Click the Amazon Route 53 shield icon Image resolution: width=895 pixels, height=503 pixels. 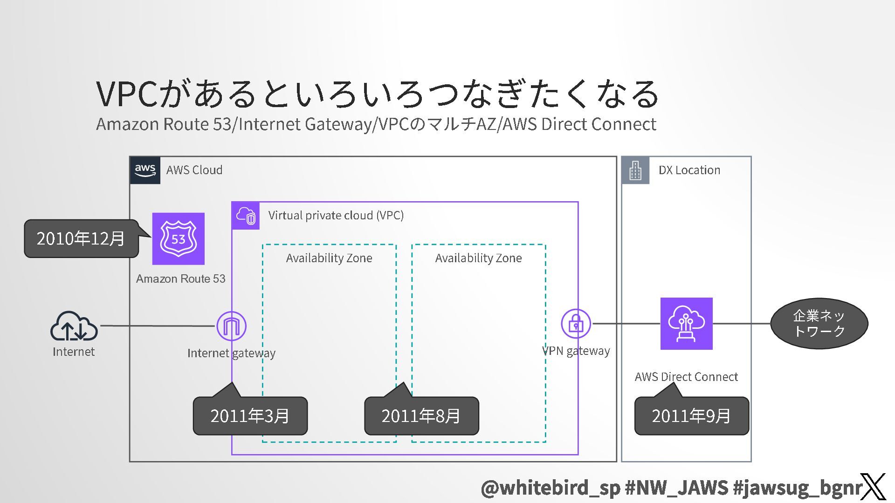tap(178, 238)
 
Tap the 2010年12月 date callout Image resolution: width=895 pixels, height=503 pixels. tap(81, 238)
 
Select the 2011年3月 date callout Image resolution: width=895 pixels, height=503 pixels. tap(250, 416)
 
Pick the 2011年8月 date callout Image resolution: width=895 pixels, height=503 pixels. tap(421, 416)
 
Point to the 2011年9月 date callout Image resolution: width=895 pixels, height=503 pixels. tap(691, 416)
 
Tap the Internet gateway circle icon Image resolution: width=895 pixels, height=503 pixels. tap(231, 326)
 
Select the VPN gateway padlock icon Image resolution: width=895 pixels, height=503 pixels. tap(576, 323)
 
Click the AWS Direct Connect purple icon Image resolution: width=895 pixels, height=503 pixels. tap(686, 323)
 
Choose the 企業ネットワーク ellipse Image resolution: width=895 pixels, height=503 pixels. tap(819, 323)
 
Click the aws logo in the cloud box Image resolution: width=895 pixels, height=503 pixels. tap(145, 170)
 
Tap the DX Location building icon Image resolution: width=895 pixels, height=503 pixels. tap(635, 170)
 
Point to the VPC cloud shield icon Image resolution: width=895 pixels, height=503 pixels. tap(246, 216)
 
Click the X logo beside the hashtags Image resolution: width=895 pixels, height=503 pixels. tap(873, 487)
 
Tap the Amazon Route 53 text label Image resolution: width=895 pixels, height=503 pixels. tap(181, 279)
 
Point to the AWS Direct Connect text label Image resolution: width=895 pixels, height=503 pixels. tap(686, 376)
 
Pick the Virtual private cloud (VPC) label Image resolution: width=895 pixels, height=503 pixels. tap(336, 215)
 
